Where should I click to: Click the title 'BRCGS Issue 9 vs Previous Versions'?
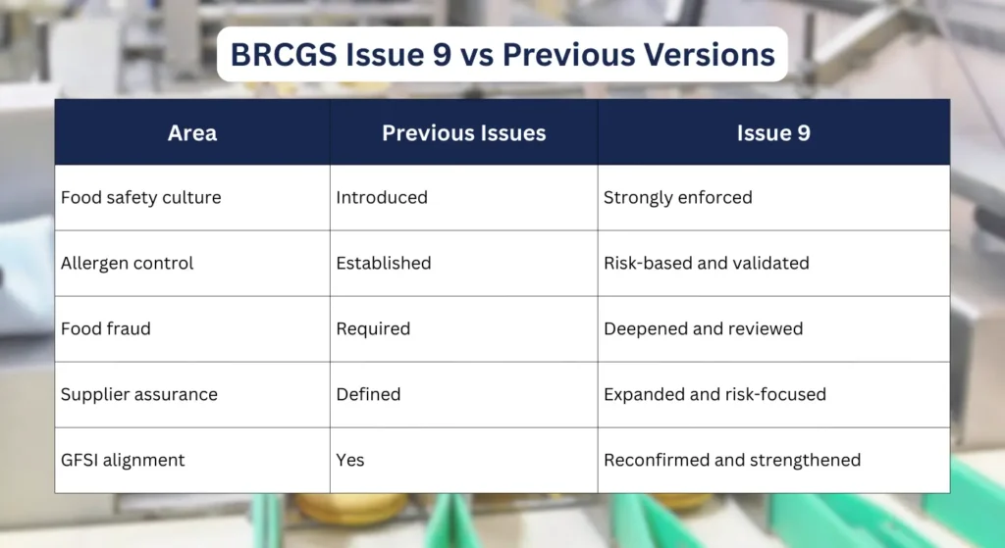[502, 54]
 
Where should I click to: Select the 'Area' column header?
[192, 132]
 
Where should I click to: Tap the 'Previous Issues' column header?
[463, 132]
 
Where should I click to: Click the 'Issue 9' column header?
[773, 132]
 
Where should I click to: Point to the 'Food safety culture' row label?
[140, 197]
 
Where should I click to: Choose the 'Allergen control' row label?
[127, 263]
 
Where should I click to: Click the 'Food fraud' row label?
[105, 328]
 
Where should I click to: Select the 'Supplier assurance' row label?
[138, 394]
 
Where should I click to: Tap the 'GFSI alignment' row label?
[122, 460]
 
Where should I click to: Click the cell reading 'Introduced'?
[382, 197]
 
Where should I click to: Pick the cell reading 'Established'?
[383, 263]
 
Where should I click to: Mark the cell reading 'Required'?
[373, 328]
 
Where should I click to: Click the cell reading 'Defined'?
[368, 394]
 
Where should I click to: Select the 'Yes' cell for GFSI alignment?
[350, 460]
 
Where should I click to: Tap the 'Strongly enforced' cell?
[677, 197]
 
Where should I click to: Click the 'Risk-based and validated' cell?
[706, 263]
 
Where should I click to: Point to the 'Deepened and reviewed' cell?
[703, 328]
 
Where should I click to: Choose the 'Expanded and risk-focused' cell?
[714, 394]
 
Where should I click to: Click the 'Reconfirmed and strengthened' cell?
[731, 460]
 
